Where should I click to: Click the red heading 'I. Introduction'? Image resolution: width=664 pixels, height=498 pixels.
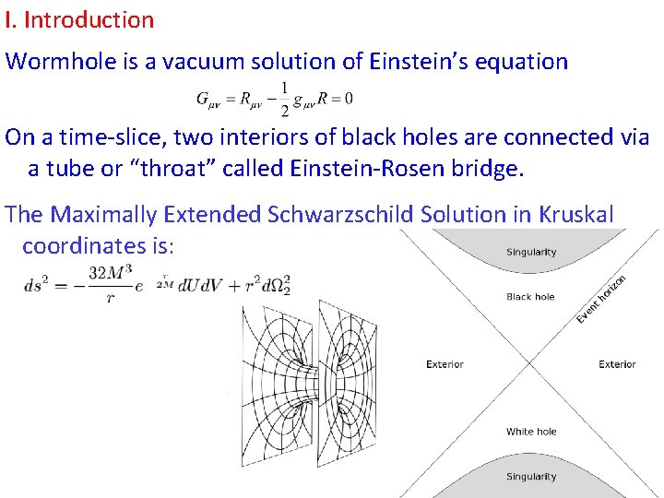79,19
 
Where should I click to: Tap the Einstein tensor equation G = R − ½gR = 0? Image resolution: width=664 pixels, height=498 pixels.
274,98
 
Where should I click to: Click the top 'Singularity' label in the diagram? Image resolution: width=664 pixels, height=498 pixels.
531,252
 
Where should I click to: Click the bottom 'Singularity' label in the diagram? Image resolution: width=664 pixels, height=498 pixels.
531,477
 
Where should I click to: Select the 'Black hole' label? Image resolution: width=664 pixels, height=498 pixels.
531,297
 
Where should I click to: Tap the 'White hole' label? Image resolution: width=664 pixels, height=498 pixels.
531,432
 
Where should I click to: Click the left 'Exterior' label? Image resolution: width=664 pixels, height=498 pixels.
445,364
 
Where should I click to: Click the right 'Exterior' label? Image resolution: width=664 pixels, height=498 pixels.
617,364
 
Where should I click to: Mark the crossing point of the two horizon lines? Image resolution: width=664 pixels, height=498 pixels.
531,364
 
